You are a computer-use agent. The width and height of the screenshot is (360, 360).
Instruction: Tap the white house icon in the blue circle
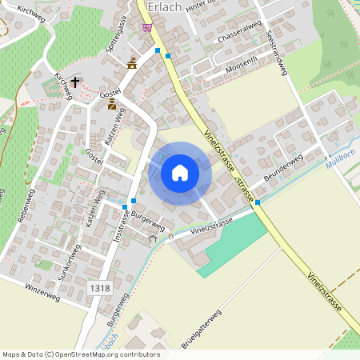(180, 173)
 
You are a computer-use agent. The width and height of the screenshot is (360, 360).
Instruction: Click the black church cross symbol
(76, 82)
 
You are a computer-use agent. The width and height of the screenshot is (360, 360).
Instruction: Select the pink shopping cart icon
(146, 27)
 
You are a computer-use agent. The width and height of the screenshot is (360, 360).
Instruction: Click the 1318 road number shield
(100, 288)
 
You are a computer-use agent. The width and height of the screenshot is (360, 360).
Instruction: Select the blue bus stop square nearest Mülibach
(258, 202)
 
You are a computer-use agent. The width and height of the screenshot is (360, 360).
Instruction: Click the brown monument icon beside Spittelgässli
(132, 63)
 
